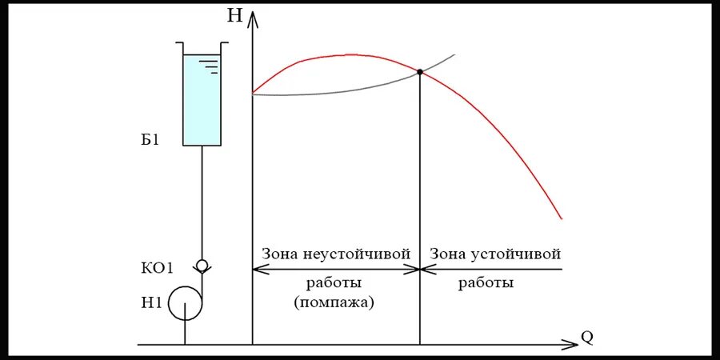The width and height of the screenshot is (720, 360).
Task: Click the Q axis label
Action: pyautogui.click(x=586, y=336)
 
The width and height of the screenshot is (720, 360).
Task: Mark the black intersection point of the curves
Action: pyautogui.click(x=420, y=72)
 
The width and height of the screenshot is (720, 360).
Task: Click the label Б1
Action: pyautogui.click(x=150, y=141)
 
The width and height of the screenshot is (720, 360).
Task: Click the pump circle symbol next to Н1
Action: pyautogui.click(x=186, y=303)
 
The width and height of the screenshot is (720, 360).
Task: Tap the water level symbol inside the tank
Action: pyautogui.click(x=209, y=64)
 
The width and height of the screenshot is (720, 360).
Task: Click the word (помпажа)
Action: pyautogui.click(x=334, y=302)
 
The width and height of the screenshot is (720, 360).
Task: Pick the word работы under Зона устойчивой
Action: pyautogui.click(x=486, y=283)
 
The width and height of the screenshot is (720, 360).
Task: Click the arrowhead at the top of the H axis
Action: pyautogui.click(x=253, y=18)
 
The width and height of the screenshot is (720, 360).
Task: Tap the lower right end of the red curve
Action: pyautogui.click(x=562, y=218)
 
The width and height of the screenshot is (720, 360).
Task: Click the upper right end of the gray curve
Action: pyautogui.click(x=454, y=55)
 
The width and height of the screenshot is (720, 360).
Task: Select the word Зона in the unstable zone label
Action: pyautogui.click(x=280, y=254)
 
